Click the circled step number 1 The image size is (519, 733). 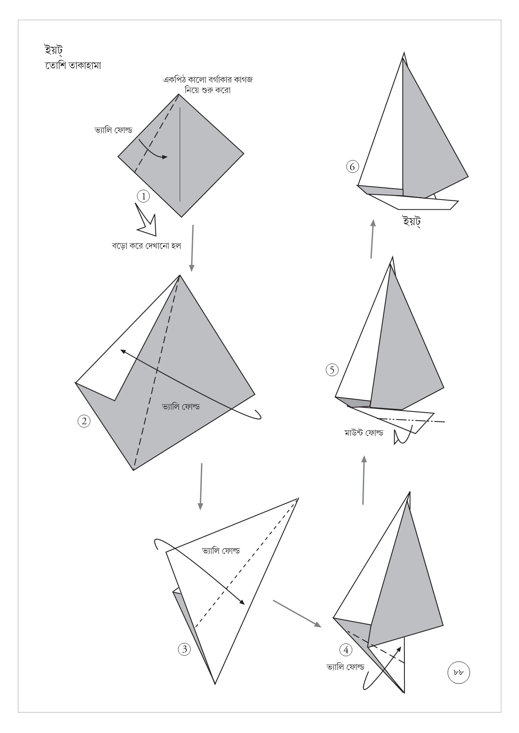tap(143, 197)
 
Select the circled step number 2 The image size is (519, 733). tap(84, 421)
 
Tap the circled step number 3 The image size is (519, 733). tap(184, 649)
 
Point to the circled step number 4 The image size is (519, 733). tap(346, 650)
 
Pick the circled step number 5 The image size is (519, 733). tap(332, 370)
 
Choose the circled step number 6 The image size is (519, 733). tap(352, 167)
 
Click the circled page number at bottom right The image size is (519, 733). tap(459, 672)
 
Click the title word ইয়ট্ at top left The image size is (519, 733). tap(53, 50)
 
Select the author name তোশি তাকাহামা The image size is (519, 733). tap(73, 66)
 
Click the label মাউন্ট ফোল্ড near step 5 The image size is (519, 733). tap(363, 432)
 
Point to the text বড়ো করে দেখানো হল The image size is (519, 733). tap(146, 246)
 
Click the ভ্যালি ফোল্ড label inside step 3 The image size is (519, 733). tap(221, 551)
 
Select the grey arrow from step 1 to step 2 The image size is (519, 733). tap(192, 248)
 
